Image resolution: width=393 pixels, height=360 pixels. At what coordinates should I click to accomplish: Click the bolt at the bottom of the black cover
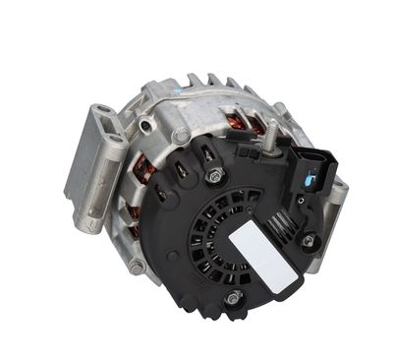point(233,298)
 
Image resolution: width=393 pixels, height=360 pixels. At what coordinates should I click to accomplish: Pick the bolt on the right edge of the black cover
point(309,240)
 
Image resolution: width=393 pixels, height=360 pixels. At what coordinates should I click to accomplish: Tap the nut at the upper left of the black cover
point(214,177)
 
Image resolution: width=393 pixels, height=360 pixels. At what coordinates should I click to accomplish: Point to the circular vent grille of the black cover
point(214,241)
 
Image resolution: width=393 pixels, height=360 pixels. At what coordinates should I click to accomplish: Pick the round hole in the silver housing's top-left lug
point(146,126)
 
